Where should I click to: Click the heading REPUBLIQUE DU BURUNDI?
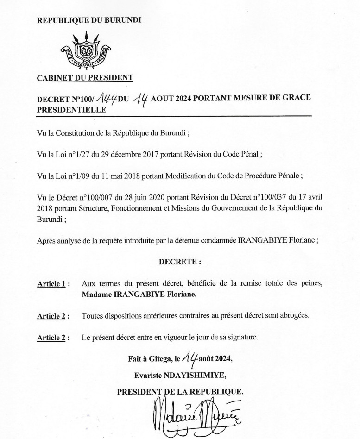click(x=89, y=20)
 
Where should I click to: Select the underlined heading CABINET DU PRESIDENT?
click(x=85, y=78)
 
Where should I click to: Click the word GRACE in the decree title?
click(x=294, y=99)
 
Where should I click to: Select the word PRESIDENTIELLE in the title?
click(x=71, y=110)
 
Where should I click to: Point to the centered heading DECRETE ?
click(x=180, y=262)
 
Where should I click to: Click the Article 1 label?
click(x=52, y=284)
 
